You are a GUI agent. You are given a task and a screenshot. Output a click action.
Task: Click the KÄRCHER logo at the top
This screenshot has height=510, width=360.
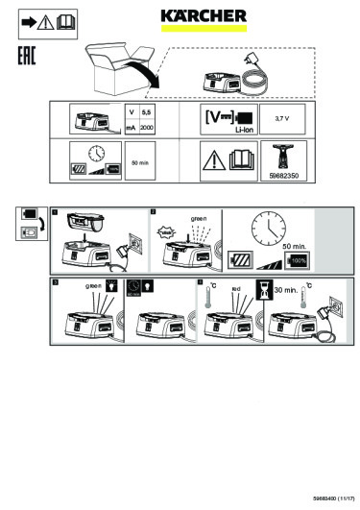tap(201, 15)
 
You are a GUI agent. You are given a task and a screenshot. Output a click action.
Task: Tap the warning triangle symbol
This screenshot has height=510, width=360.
tap(212, 158)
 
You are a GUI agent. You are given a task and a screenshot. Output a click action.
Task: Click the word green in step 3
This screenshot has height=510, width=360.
tap(94, 286)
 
